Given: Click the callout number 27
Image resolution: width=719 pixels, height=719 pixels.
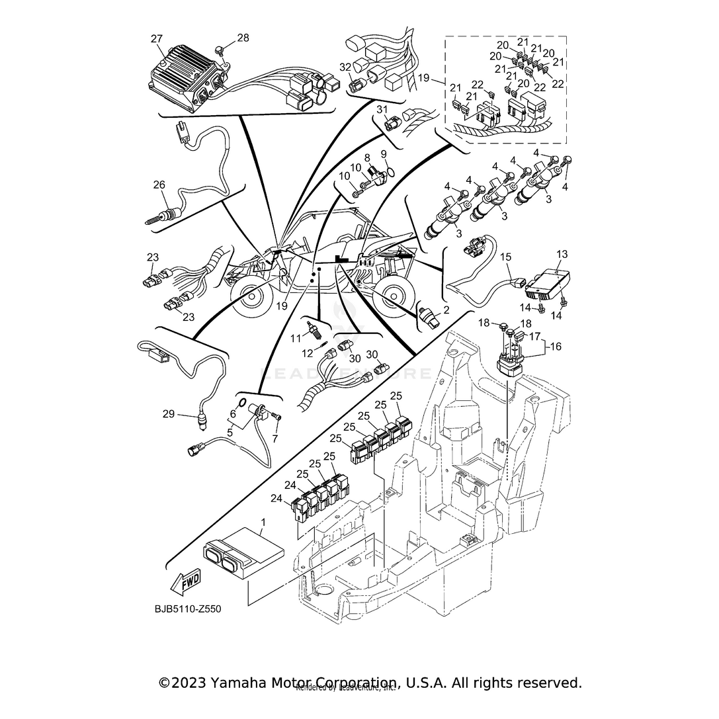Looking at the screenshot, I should [156, 39].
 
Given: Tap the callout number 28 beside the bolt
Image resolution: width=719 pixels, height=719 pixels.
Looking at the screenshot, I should [243, 38].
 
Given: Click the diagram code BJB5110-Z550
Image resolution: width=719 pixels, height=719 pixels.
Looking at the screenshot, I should [188, 609].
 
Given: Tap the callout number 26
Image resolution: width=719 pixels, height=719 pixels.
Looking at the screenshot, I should [159, 185].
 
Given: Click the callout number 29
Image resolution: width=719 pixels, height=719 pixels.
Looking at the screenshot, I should [168, 414].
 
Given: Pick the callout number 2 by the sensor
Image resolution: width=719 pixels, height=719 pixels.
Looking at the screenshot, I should [446, 310].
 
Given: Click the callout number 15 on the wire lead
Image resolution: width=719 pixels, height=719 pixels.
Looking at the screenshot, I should [505, 256].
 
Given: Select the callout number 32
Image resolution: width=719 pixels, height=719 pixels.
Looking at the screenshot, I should [344, 67].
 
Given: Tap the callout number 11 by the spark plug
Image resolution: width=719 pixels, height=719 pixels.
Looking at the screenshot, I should [296, 338].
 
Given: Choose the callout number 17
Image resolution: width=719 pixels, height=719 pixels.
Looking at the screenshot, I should [534, 336].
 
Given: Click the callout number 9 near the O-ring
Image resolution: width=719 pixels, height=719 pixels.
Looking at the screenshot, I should [401, 154].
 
